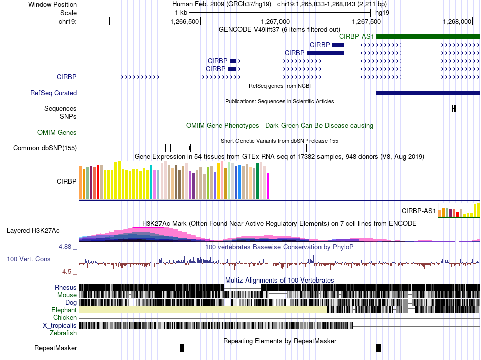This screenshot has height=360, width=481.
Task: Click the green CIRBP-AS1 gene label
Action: (356, 36)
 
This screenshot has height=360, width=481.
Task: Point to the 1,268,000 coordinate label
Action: (457, 22)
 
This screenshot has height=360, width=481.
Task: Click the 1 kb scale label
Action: (181, 12)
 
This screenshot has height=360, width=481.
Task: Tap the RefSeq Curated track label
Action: (54, 93)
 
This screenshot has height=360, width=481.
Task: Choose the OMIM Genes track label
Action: (57, 133)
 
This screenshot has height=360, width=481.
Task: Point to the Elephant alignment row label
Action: (64, 310)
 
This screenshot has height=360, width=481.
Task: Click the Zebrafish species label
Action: (63, 333)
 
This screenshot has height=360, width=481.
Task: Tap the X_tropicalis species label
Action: (60, 325)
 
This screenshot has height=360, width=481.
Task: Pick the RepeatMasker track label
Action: (56, 348)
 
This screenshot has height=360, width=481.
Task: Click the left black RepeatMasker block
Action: (182, 348)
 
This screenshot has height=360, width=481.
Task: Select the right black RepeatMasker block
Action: (378, 348)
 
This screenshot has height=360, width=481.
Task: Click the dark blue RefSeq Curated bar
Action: (428, 93)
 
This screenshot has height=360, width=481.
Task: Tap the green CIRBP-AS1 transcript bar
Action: (428, 36)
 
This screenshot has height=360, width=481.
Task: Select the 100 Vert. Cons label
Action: (28, 259)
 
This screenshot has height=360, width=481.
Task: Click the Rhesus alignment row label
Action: (66, 287)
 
